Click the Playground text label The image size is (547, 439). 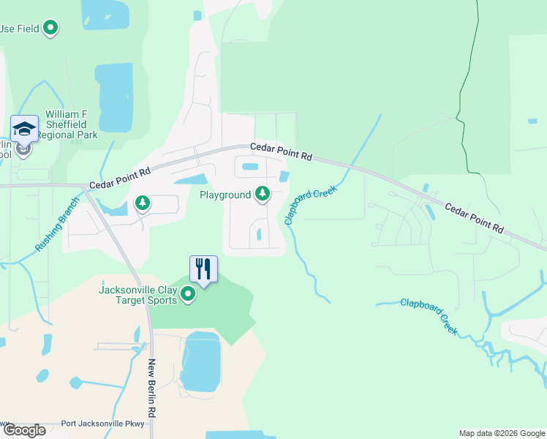[225, 195]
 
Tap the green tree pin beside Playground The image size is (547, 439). [262, 194]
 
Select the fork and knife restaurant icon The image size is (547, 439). [203, 269]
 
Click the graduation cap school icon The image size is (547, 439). [24, 130]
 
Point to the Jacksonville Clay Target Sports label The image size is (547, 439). [138, 295]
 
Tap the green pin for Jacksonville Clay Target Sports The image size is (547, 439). [188, 294]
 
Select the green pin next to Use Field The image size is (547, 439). [50, 29]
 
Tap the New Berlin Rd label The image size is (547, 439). [153, 389]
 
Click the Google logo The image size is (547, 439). [24, 430]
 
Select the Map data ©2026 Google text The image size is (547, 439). [502, 433]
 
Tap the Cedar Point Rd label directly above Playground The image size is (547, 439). [281, 151]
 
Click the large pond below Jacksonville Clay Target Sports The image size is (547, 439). [200, 362]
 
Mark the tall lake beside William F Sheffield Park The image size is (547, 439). [115, 97]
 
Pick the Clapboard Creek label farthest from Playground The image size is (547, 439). [429, 316]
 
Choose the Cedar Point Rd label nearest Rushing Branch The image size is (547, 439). [120, 179]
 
